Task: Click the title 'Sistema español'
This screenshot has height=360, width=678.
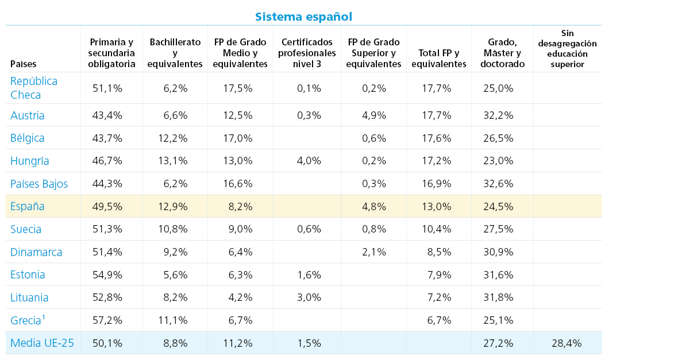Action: coord(303,17)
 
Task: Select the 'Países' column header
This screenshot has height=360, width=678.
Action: coord(24,64)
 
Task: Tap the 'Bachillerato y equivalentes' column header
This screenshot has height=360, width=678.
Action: coord(175,53)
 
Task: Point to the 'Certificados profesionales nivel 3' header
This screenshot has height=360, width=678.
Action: coord(307,53)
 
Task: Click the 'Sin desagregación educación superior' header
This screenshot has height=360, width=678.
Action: coord(567,49)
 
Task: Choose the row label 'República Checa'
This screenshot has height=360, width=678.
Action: coord(34,88)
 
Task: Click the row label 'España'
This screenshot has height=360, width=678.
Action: coord(27,206)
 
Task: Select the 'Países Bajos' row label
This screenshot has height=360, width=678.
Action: coord(39,184)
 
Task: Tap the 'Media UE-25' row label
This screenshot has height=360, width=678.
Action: coord(42,343)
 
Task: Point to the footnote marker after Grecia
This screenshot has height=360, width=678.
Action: coord(44,317)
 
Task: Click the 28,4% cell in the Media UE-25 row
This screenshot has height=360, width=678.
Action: coord(567,343)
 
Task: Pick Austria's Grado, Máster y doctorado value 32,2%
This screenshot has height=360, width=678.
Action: coord(498,115)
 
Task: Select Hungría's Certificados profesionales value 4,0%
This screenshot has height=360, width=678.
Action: coord(309,161)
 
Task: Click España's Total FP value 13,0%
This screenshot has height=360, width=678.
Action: coord(436,207)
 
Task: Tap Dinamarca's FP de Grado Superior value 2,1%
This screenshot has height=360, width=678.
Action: coord(374,252)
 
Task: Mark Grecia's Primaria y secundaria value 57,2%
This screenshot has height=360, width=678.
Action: coord(107,320)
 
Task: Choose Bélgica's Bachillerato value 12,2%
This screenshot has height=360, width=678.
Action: coord(173,138)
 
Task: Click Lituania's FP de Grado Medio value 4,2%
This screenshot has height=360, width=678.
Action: coord(240,297)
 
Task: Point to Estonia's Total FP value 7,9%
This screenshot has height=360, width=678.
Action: coord(440,275)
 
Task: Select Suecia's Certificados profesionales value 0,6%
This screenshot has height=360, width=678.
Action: coord(309,229)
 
